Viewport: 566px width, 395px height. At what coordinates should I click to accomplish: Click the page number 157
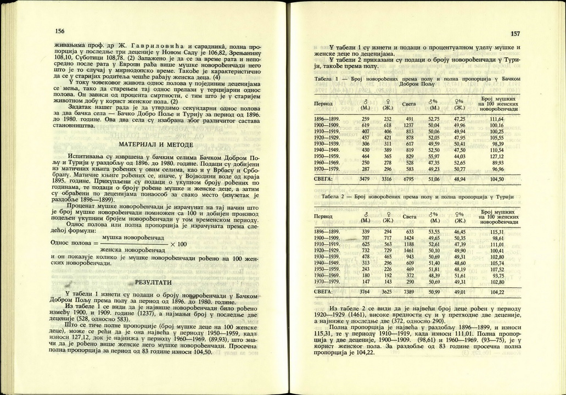point(515,34)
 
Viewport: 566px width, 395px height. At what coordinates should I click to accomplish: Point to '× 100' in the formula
point(178,244)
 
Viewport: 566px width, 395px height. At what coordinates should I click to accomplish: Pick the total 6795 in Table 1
point(409,179)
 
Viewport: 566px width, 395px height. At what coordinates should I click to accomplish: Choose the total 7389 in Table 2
point(409,292)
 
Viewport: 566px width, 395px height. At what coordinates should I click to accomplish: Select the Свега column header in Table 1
point(409,103)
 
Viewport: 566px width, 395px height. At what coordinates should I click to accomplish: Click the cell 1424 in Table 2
point(409,238)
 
